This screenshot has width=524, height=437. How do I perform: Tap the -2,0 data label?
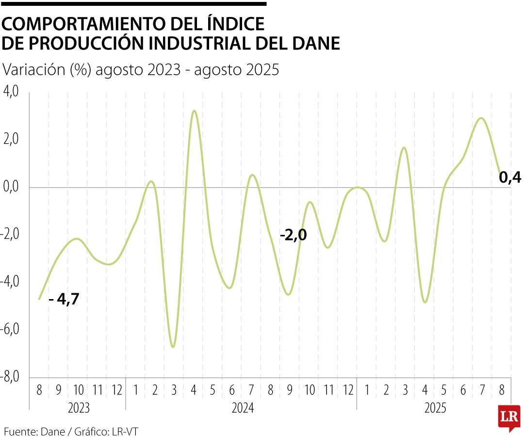point(293,235)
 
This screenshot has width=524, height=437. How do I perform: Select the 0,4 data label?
point(510,178)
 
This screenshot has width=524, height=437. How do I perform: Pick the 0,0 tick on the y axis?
point(11,187)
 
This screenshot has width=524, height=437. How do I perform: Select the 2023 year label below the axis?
point(79,408)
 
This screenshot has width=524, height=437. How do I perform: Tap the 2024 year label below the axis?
point(242,408)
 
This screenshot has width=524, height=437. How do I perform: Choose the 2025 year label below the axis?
point(436,408)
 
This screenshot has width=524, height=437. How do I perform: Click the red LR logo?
point(509,417)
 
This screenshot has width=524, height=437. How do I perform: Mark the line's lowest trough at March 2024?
point(173,347)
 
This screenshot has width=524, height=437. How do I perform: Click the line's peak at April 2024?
point(194,111)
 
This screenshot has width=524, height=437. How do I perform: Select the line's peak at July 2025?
point(481,118)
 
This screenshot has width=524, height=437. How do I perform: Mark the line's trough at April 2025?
point(425,302)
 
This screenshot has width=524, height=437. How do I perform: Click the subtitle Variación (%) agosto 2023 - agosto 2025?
point(141,69)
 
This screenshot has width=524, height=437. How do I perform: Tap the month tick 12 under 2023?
point(116,390)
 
